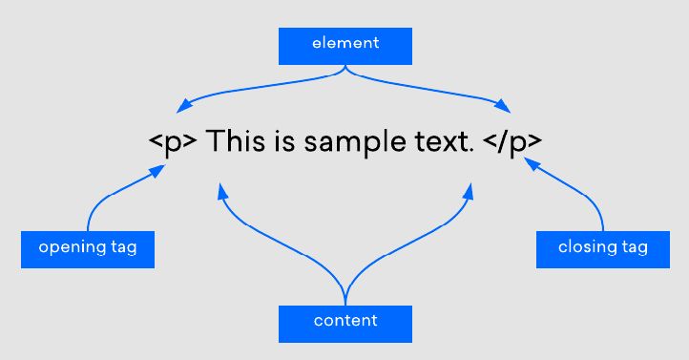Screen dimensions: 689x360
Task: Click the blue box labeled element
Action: click(344, 45)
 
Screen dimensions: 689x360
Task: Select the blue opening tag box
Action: click(88, 248)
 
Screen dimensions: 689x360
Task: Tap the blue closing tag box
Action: click(602, 248)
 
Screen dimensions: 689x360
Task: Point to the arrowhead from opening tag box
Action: click(157, 171)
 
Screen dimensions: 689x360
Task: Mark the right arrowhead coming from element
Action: click(505, 105)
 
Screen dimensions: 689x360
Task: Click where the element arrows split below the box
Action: click(344, 71)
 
